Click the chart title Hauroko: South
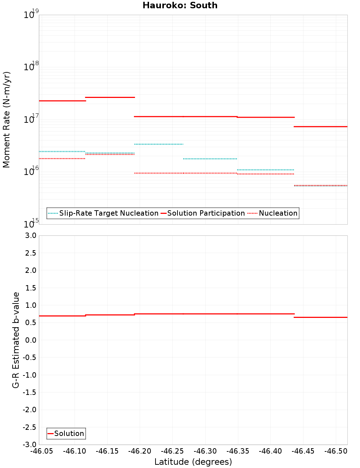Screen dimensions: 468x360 pos(180,5)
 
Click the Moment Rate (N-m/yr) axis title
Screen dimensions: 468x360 pos(6,120)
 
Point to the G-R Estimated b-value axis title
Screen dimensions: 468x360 pos(16,340)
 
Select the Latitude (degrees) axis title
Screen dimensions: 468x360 pos(193,462)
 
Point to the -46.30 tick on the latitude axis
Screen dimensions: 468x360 pos(205,451)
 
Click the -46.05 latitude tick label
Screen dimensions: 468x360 pos(41,451)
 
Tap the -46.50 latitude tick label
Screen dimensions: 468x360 pos(336,451)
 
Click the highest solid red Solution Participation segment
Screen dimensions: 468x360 pos(110,97)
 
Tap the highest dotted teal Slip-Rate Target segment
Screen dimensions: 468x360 pos(158,144)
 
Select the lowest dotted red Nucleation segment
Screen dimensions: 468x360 pos(320,185)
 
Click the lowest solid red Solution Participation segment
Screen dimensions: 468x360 pos(320,126)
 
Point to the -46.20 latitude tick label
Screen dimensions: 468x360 pos(139,451)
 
